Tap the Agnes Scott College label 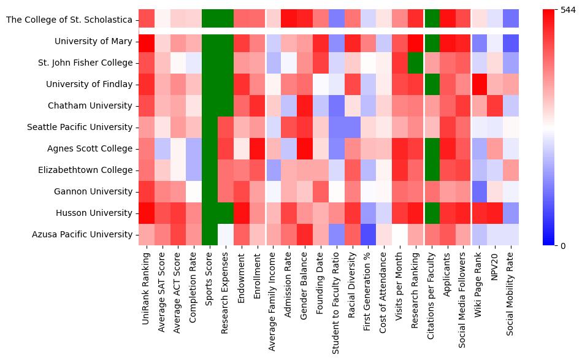(x=90, y=149)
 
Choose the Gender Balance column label (x=305, y=283)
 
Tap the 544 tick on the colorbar (x=564, y=10)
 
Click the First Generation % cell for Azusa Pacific (x=368, y=235)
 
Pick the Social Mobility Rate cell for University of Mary (x=511, y=42)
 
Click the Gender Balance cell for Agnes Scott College (x=305, y=149)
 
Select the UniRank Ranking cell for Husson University (x=146, y=213)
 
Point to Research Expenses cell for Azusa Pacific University (x=226, y=235)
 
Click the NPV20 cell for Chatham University (x=495, y=106)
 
